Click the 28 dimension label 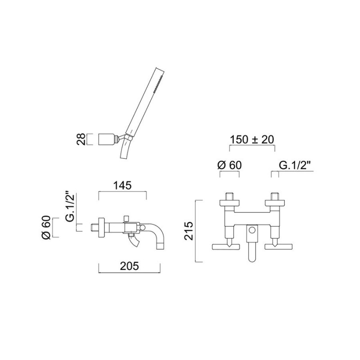tap(81, 139)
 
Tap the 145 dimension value tap(122, 185)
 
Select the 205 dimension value tap(129, 266)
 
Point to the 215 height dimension tap(189, 231)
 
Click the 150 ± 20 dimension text tap(252, 139)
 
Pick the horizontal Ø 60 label tap(229, 165)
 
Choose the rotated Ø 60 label tap(46, 227)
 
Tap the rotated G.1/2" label tap(70, 206)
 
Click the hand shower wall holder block tap(107, 139)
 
